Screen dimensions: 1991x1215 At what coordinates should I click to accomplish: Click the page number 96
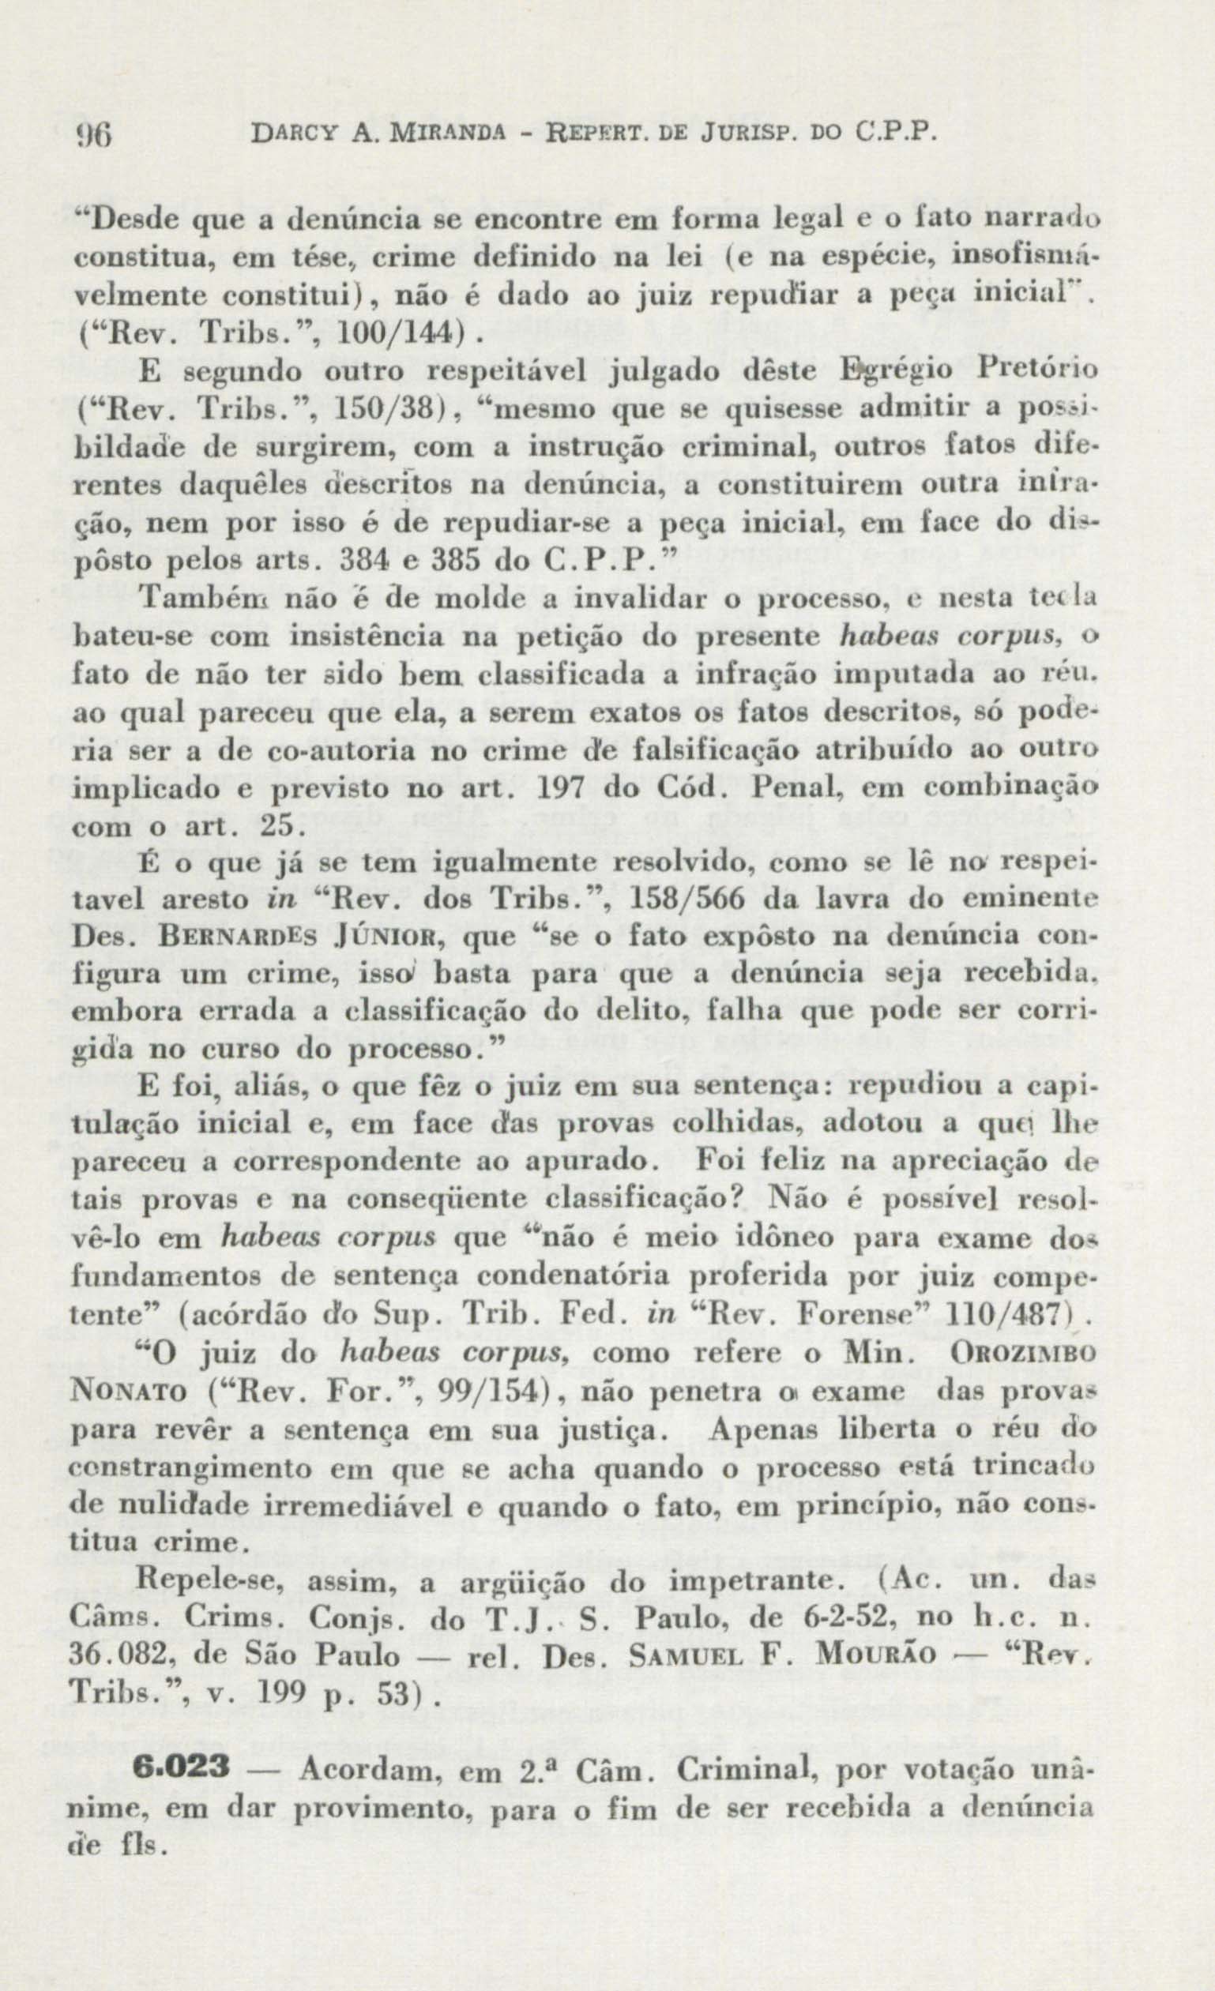(96, 133)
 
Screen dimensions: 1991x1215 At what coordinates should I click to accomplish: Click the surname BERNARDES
(225, 938)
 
